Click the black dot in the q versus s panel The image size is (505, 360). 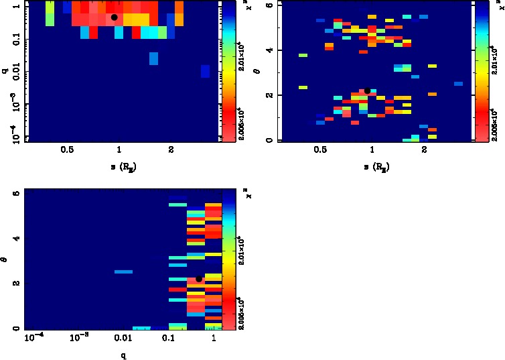[115, 17]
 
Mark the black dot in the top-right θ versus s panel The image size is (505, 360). [367, 91]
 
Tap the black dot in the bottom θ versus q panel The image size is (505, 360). [199, 279]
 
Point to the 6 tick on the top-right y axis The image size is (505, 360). [268, 5]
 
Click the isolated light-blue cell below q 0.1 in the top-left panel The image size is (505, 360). [153, 59]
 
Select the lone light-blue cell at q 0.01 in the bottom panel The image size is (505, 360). [123, 272]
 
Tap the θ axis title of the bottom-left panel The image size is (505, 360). [7, 257]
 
